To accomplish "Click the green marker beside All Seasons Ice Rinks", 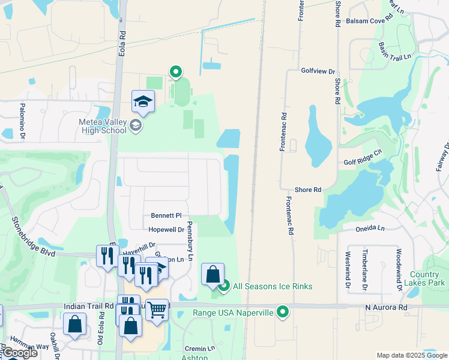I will (224, 286).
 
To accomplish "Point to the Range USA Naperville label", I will (233, 313).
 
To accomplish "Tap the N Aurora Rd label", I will (386, 307).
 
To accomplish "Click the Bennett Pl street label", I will (166, 215).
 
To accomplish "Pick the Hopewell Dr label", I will (166, 230).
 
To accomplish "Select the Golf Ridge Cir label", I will (363, 157).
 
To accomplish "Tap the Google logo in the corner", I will (20, 353).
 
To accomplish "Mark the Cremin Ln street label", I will (200, 349).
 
